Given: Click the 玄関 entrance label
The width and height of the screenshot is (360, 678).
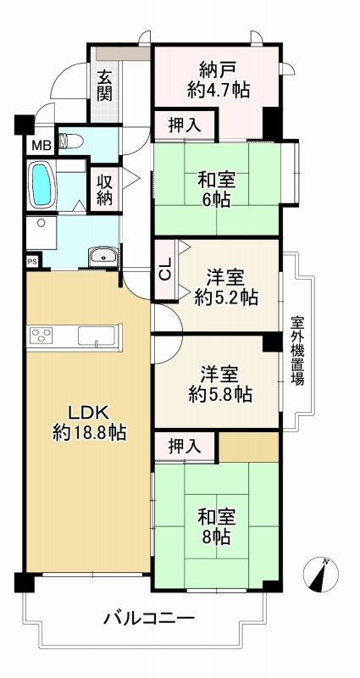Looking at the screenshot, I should point(104,85).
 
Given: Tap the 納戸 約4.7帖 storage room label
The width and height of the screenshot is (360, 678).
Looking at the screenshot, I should point(218,78).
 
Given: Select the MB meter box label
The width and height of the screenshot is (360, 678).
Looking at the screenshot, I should point(41,145).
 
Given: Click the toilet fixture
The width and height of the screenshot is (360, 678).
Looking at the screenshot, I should point(70,142).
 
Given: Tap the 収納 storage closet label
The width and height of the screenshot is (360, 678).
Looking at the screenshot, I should point(104,190).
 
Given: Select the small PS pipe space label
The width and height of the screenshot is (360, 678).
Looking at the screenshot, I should point(31,262).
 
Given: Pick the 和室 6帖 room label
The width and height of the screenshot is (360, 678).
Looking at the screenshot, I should point(218,189).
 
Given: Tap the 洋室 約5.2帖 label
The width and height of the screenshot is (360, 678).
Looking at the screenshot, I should point(225,287).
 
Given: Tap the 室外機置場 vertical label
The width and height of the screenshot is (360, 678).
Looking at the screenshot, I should point(297,350).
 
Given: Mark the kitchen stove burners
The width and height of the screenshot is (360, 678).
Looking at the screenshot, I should point(42,336).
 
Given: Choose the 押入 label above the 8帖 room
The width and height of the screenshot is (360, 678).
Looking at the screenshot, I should point(185,446).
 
